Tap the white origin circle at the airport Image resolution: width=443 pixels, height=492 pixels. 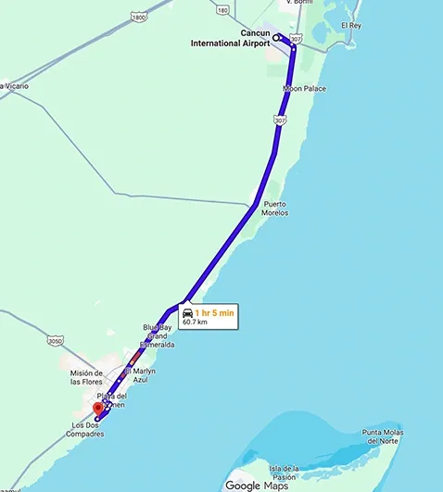(x=276, y=39)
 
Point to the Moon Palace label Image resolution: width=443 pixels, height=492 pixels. (x=304, y=89)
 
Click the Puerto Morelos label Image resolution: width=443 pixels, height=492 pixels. (x=275, y=208)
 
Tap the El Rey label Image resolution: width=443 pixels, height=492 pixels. (x=351, y=25)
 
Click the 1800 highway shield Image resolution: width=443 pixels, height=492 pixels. (x=138, y=17)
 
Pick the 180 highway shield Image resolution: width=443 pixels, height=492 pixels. (x=222, y=10)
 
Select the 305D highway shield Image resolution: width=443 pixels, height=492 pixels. (x=54, y=341)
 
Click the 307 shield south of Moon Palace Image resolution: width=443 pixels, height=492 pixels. (x=281, y=120)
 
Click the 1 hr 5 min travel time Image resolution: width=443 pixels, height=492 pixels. (x=214, y=313)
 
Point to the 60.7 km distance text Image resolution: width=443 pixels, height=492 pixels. (x=195, y=322)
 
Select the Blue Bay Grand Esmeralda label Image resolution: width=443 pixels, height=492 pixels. (x=158, y=335)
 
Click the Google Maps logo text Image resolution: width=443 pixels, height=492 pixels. (x=256, y=485)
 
